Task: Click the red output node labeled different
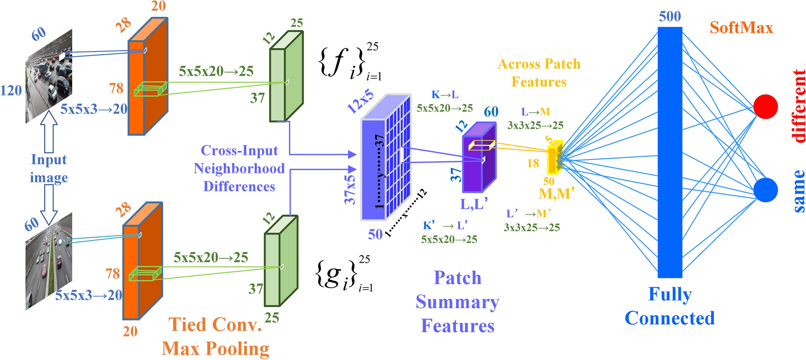(766, 107)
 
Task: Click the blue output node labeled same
(766, 190)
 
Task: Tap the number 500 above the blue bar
(670, 16)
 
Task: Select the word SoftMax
(741, 28)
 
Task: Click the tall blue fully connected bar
(670, 152)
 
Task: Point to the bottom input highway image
(49, 261)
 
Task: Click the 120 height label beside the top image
(11, 90)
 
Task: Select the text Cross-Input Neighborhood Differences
(239, 169)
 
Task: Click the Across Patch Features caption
(539, 73)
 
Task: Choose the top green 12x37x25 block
(286, 77)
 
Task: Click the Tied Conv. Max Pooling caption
(215, 336)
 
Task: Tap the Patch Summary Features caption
(457, 302)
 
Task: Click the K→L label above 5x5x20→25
(445, 95)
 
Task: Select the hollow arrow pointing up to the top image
(49, 132)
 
